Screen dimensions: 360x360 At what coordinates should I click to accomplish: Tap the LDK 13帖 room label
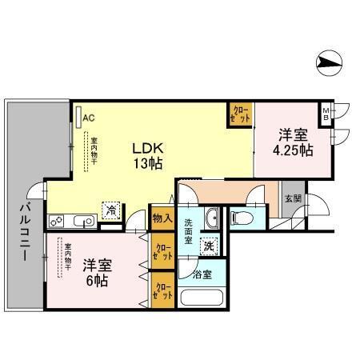coord(148,154)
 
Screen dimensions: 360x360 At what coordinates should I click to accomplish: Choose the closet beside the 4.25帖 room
coord(241,114)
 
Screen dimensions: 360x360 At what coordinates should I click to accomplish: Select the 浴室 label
coord(203,274)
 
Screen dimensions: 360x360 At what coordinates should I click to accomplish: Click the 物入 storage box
coord(161,217)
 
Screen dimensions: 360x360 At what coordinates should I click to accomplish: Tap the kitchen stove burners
coord(57,221)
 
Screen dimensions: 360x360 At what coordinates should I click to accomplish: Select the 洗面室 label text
coord(190,232)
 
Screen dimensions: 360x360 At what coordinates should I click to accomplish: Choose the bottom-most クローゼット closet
coord(163,290)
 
